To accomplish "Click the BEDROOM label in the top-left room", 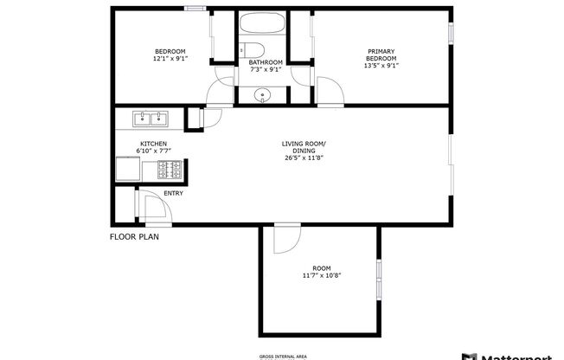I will coord(165,51).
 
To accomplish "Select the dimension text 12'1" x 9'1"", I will coord(165,59).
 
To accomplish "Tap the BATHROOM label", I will coord(266,61).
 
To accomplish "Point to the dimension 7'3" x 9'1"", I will coord(266,69).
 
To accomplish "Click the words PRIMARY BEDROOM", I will coord(381,55).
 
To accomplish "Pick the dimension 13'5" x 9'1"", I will coord(381,66).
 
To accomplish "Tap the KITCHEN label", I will coord(154,144).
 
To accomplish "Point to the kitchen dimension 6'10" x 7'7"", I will coord(154,151).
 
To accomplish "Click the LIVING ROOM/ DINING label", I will coord(304,147).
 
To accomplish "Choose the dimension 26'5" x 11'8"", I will coord(304,158).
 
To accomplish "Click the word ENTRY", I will coord(173,193).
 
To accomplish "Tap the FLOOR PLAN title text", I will coord(134,236).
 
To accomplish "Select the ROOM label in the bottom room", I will coord(321,267).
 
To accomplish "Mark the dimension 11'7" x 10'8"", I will coord(321,275).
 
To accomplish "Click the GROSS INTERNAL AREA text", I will coord(282,356).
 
